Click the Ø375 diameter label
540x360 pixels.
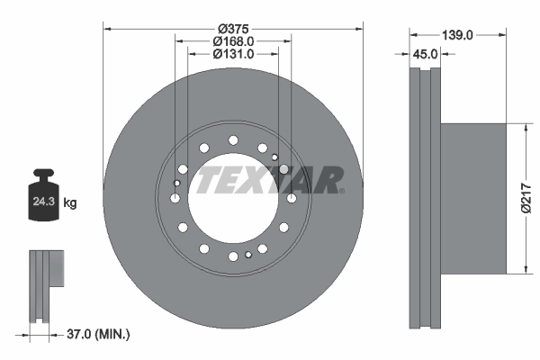click(233, 29)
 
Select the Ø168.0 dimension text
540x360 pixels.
click(233, 41)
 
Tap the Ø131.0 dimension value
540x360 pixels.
click(233, 54)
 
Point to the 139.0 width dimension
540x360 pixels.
click(457, 35)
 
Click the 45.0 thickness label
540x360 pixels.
click(425, 54)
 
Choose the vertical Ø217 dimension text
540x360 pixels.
click(526, 198)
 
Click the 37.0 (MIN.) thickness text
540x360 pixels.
click(98, 334)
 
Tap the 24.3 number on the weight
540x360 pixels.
click(44, 202)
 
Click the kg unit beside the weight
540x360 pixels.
click(70, 202)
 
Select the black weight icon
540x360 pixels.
click(44, 194)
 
